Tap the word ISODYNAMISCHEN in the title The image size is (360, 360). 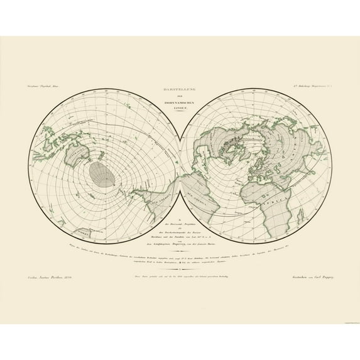[x=180, y=104]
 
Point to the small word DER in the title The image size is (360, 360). [x=180, y=97]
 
